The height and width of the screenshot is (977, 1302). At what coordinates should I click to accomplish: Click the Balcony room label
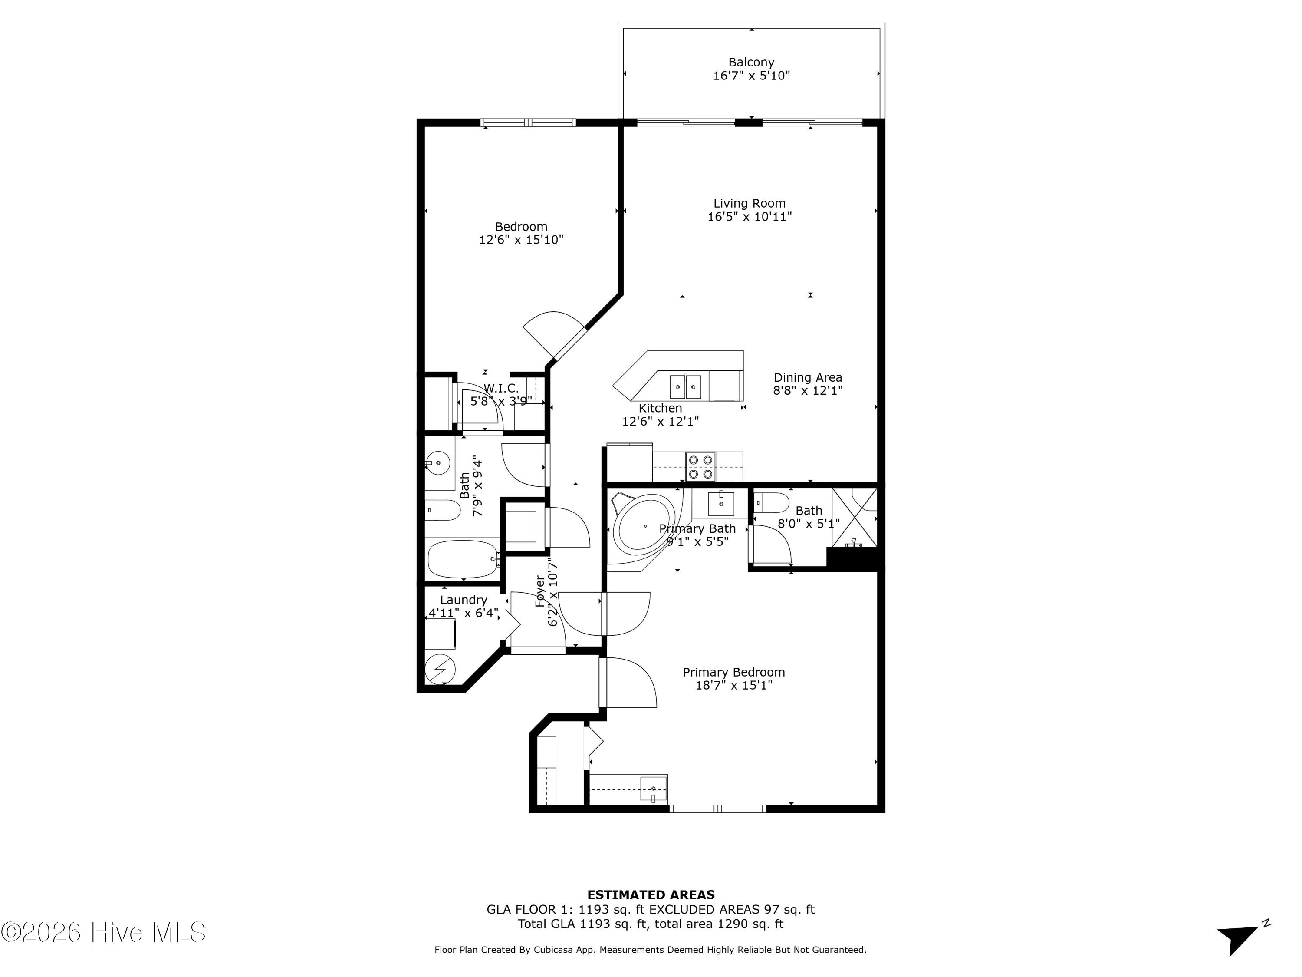[x=751, y=62]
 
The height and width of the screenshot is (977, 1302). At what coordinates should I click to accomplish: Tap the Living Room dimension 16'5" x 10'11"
[x=749, y=217]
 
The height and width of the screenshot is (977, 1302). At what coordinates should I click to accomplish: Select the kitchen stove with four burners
[x=700, y=467]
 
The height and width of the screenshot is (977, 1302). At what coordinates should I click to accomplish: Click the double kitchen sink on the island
[x=685, y=387]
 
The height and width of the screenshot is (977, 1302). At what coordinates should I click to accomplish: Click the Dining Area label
[x=808, y=377]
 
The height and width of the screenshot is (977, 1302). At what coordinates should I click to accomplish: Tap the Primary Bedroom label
[x=733, y=672]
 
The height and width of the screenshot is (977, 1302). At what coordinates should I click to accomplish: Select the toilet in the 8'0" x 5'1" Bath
[x=772, y=503]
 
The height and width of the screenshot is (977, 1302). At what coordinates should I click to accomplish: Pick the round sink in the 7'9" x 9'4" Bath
[x=438, y=463]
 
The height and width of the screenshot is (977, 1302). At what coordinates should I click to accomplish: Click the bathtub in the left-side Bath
[x=463, y=559]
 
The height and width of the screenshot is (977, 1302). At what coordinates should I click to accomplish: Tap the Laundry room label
[x=463, y=600]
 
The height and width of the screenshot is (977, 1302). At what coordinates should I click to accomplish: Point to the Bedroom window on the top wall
[x=528, y=122]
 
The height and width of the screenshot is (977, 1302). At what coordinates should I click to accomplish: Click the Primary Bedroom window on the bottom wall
[x=717, y=809]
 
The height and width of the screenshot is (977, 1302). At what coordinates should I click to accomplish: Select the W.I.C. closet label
[x=501, y=389]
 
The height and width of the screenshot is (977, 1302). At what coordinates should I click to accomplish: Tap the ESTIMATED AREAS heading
[x=651, y=895]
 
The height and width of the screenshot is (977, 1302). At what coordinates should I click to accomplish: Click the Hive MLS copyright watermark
[x=103, y=932]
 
